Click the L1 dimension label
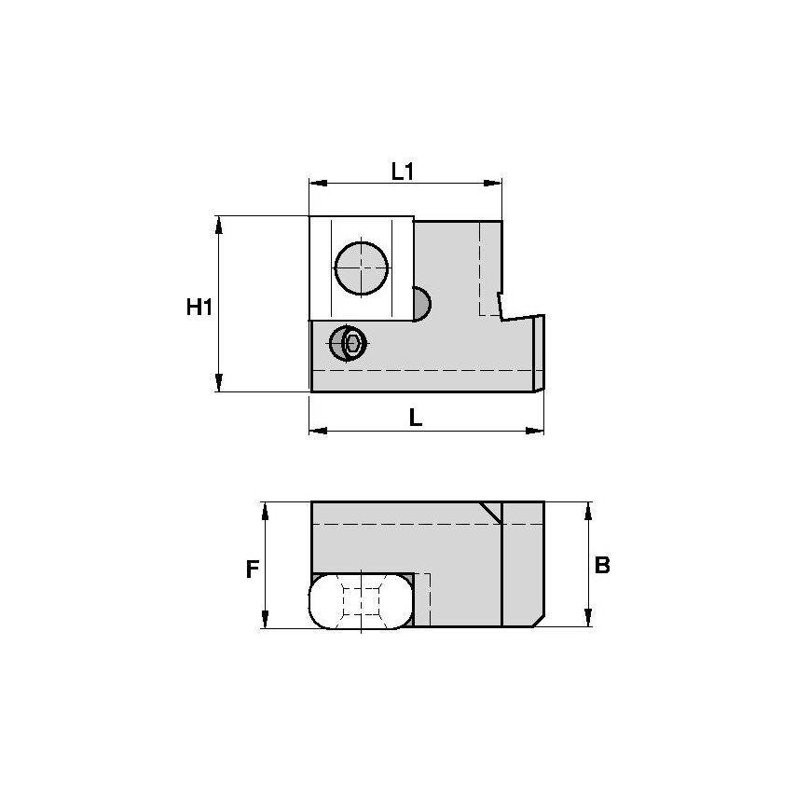click(x=403, y=171)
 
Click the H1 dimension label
click(x=198, y=307)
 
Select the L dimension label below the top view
click(x=416, y=419)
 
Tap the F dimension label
click(x=251, y=569)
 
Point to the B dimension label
click(x=602, y=565)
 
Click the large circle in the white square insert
click(x=361, y=268)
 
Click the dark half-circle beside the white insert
click(x=420, y=304)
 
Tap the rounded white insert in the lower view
click(x=361, y=601)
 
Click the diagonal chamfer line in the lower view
click(x=489, y=513)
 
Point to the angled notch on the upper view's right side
click(x=509, y=308)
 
